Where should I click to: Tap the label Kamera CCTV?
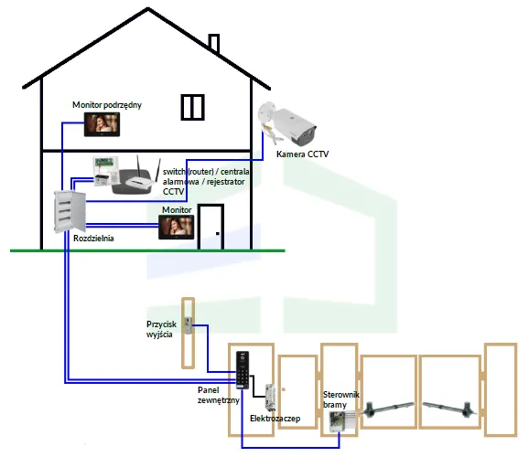(303, 155)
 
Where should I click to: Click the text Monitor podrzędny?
(107, 105)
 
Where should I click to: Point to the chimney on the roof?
(214, 43)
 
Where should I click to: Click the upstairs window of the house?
(192, 106)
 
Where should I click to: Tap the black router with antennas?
(134, 182)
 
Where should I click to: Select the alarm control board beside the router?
(103, 171)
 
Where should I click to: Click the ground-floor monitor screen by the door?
(177, 228)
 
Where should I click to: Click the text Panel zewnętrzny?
(219, 395)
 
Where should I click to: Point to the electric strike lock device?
(271, 395)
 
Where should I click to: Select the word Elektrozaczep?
(275, 418)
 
